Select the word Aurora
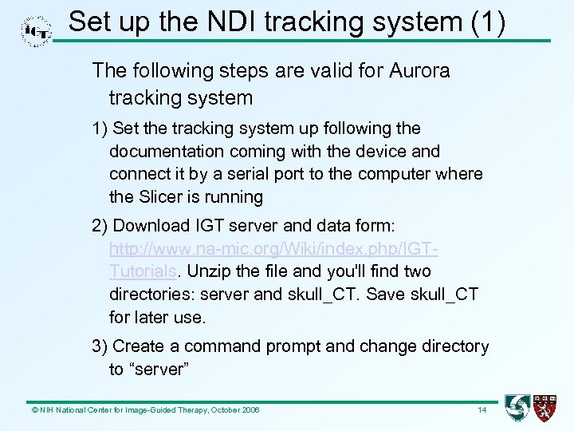[420, 71]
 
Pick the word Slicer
[162, 196]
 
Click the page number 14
[482, 410]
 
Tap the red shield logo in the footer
[546, 409]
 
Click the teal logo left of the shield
[517, 409]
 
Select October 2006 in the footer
[234, 410]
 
